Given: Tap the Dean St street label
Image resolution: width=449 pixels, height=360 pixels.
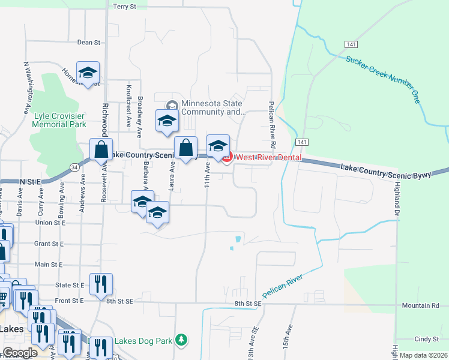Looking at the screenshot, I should (88, 43).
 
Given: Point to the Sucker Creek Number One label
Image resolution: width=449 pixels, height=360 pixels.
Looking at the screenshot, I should (382, 79).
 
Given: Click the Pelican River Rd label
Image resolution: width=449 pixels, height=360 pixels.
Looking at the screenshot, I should (271, 124).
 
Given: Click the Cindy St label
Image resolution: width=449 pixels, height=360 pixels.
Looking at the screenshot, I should (431, 340).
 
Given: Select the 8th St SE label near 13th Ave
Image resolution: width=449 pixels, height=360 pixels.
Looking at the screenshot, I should (249, 304).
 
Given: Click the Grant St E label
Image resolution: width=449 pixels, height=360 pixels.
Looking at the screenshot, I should (49, 244).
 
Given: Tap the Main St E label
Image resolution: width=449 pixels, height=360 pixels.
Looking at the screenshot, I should (49, 265).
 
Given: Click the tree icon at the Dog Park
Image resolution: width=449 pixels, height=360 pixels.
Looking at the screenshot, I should (182, 341).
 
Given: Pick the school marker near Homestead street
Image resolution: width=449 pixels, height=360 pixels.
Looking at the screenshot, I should (88, 73).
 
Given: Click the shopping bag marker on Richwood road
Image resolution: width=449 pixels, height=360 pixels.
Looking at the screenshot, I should (101, 149).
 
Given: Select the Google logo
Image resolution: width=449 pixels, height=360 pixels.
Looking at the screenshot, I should (20, 353).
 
